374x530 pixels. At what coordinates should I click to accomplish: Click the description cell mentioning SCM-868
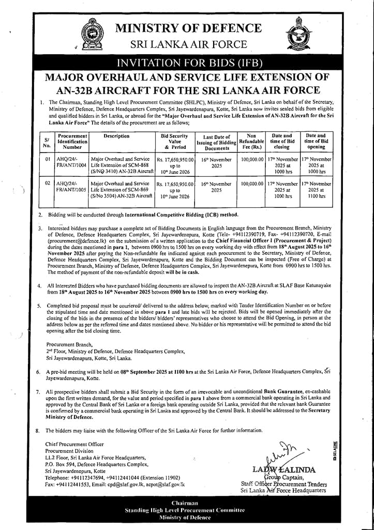pyautogui.click(x=122, y=163)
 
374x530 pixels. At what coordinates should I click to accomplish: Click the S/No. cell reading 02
pyautogui.click(x=47, y=184)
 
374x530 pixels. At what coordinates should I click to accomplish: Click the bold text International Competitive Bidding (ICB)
pyautogui.click(x=178, y=214)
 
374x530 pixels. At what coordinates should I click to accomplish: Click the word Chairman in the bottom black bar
pyautogui.click(x=185, y=503)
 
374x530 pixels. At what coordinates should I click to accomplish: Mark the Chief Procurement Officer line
pyautogui.click(x=74, y=444)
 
